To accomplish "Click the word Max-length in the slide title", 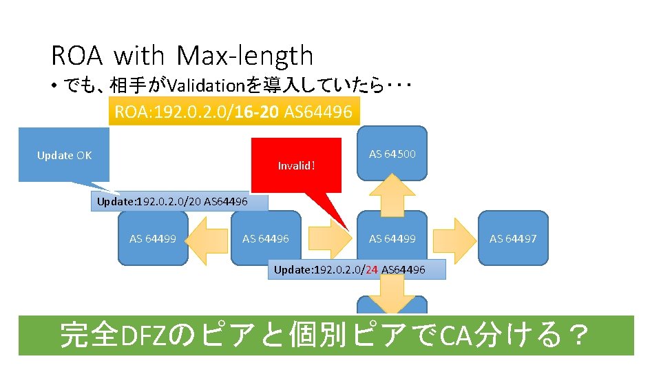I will click(x=244, y=56).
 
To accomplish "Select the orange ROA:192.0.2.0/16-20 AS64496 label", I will click(x=234, y=112).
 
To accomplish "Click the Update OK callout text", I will click(x=64, y=156).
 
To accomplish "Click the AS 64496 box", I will click(x=266, y=239).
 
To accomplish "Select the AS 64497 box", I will click(x=513, y=239).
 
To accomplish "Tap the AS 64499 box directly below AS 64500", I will click(x=392, y=239).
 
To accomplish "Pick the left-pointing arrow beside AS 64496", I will click(x=209, y=239).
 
